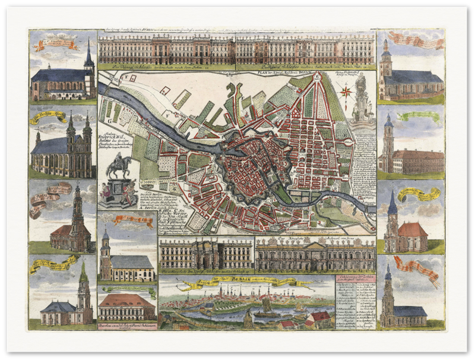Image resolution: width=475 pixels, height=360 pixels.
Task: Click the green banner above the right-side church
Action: pyautogui.click(x=419, y=116)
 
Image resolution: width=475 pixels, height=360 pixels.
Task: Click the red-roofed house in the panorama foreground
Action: pyautogui.click(x=318, y=319)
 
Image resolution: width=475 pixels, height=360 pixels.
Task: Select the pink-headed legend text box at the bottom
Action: pyautogui.click(x=354, y=302)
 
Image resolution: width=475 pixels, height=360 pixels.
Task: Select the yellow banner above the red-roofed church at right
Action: pyautogui.click(x=419, y=194)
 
